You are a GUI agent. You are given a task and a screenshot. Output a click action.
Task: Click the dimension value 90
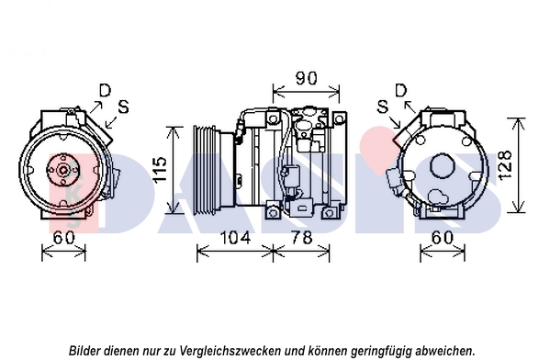[306, 79]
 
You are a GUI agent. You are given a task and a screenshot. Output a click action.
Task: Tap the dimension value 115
[161, 170]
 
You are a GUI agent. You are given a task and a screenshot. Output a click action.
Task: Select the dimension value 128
[505, 165]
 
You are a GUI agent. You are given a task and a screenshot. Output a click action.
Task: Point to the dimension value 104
[235, 238]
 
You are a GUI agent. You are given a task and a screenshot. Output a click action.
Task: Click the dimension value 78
[302, 238]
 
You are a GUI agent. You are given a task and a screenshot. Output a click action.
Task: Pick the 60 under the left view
[64, 238]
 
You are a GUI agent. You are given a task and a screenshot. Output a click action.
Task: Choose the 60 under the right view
[443, 238]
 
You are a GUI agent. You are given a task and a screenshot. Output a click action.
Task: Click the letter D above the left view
[105, 91]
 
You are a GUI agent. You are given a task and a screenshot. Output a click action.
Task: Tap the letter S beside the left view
[123, 107]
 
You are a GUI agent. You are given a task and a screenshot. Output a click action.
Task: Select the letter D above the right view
[401, 91]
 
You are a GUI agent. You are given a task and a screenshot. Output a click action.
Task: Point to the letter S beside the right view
[383, 107]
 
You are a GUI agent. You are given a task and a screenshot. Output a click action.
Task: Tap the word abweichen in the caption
[444, 350]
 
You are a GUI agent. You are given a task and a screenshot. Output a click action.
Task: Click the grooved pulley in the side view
[207, 169]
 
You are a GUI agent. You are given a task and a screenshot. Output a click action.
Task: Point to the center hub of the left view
[63, 170]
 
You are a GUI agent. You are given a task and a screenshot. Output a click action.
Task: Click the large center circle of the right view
[443, 166]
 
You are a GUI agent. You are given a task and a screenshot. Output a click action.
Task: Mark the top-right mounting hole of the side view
[339, 119]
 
